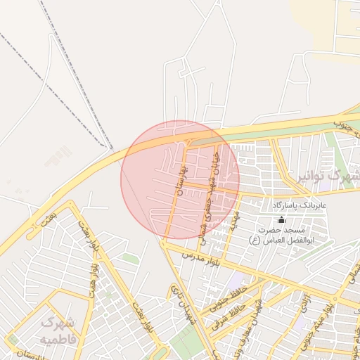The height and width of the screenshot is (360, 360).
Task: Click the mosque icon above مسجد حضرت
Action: [x=282, y=219]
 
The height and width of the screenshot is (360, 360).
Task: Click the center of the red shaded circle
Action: [x=180, y=180]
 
